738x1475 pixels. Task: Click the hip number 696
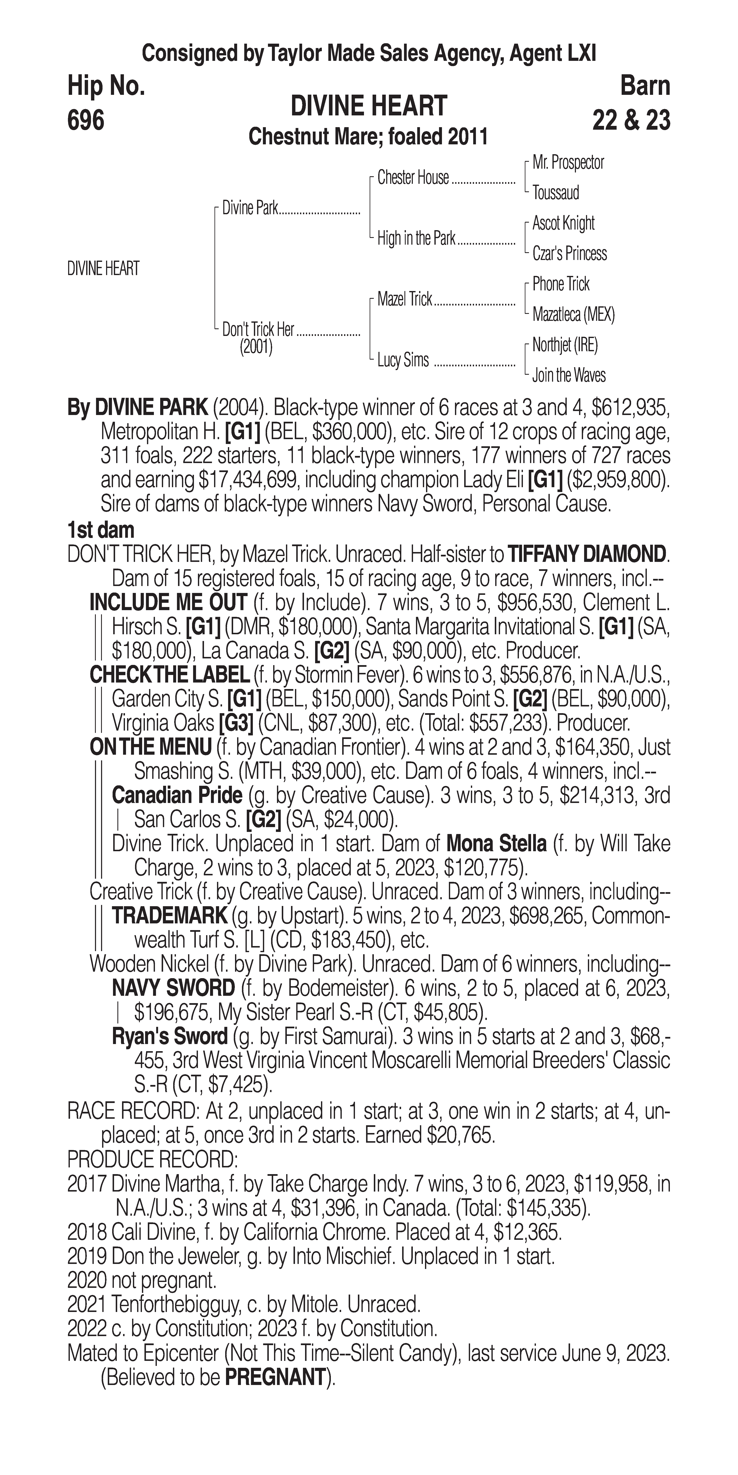tap(86, 120)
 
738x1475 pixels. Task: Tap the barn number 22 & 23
tap(631, 120)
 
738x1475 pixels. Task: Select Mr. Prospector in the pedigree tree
tap(568, 163)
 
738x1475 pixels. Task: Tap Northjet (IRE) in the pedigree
tap(565, 345)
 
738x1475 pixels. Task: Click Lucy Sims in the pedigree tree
tap(403, 360)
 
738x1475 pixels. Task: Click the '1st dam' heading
tap(101, 530)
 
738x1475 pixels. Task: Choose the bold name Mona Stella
tap(495, 843)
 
